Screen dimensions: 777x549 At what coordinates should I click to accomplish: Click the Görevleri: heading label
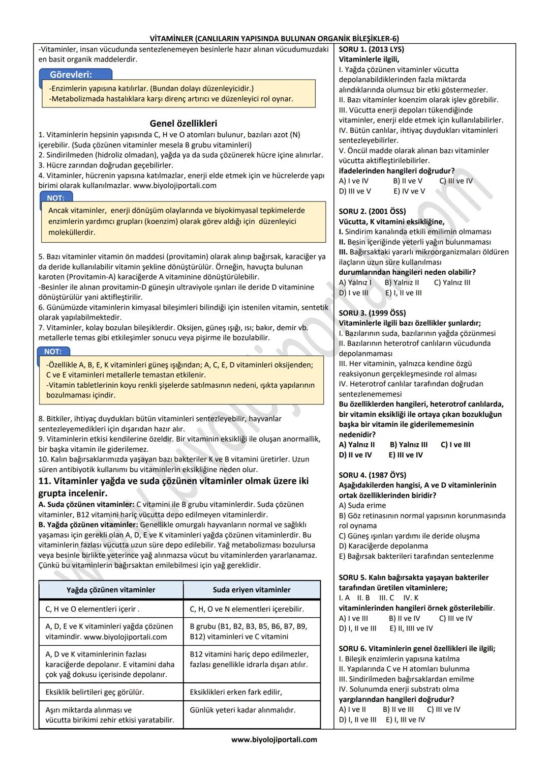71,75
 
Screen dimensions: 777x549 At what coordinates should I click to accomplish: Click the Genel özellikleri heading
183,124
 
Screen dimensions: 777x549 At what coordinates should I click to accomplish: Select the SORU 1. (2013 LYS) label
371,49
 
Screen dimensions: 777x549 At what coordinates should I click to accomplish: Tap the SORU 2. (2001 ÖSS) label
372,211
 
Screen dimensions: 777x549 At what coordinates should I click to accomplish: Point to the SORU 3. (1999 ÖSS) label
372,313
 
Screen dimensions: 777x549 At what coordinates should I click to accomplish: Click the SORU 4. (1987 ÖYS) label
372,475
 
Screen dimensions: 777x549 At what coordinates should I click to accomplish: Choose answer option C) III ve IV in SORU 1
456,181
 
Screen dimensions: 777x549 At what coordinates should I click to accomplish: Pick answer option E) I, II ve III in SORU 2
403,293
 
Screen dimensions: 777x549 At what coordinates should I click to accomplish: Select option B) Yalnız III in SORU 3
409,445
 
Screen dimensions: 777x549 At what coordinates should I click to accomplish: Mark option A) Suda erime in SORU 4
362,506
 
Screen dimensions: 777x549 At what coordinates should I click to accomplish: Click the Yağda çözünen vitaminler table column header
111,590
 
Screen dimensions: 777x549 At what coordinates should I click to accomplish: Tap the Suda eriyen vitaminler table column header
252,590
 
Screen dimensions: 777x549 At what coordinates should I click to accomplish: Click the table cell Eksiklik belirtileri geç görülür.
95,692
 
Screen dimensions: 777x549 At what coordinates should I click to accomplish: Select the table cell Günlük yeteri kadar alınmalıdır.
242,710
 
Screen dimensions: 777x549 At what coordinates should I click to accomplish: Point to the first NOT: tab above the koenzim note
55,198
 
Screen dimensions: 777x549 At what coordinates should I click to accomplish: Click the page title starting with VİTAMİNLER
274,39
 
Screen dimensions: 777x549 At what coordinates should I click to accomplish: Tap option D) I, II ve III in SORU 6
358,720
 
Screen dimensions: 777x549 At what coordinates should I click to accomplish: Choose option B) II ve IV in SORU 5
404,619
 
